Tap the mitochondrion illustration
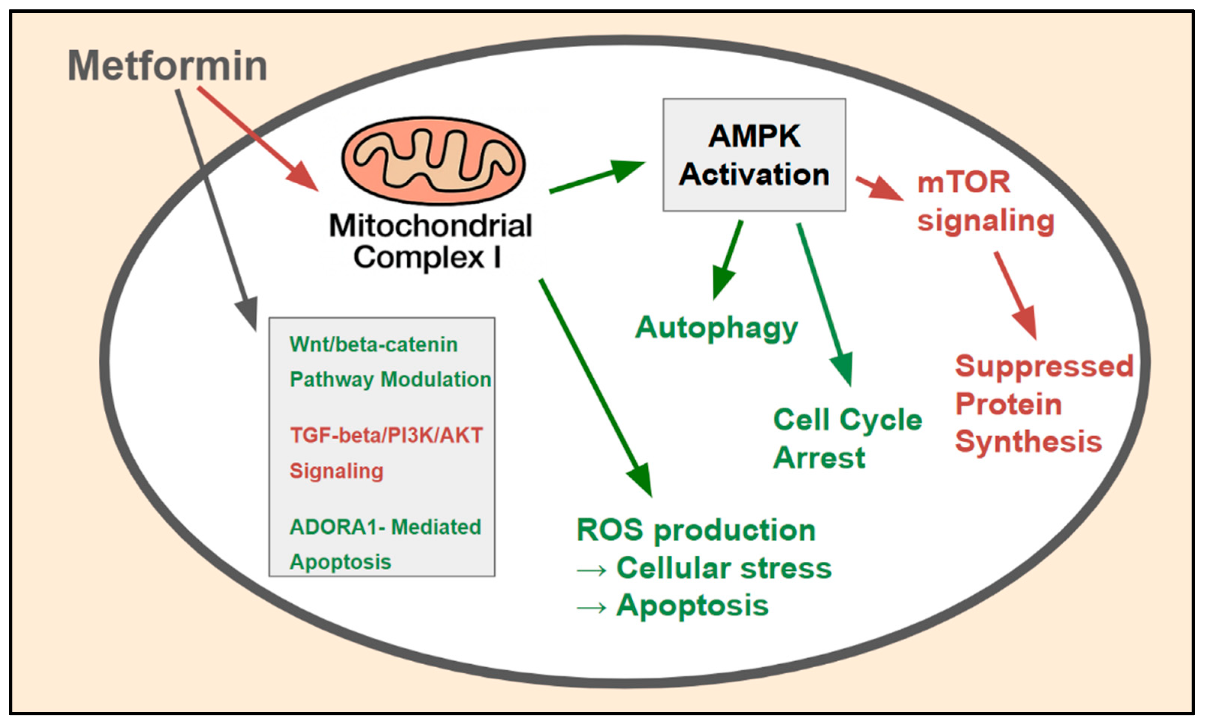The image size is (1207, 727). point(433,160)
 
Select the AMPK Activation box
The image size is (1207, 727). point(754,155)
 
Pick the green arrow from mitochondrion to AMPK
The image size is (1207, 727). point(597,176)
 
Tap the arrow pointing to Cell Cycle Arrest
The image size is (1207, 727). point(825,305)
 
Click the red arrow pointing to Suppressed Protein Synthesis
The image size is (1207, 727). point(1015,295)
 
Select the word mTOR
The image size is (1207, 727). point(964,182)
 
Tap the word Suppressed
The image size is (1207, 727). point(1044,366)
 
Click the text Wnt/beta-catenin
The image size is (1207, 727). point(374,345)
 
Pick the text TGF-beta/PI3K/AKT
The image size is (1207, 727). point(386,435)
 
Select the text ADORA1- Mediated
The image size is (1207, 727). point(385,527)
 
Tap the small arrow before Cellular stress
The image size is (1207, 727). point(591,571)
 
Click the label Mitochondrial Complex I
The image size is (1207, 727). point(430,242)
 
